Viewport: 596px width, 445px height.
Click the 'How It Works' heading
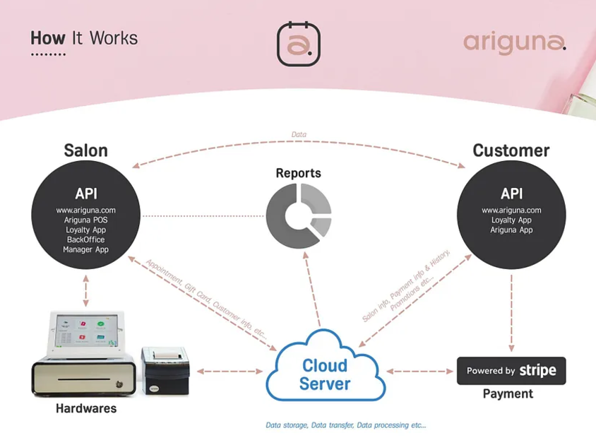[84, 38]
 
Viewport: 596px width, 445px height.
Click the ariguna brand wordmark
[514, 42]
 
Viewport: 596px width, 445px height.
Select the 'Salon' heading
[85, 150]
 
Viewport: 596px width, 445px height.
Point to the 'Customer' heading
[511, 150]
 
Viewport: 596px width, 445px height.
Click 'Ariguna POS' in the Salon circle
[85, 220]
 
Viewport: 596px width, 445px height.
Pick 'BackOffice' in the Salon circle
[85, 239]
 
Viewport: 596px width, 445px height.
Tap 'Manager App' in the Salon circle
[85, 249]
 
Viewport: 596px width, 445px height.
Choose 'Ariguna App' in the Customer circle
[511, 230]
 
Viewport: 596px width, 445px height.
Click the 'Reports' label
[298, 173]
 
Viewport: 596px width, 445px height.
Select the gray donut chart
[298, 215]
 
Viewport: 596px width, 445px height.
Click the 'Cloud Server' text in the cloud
[325, 375]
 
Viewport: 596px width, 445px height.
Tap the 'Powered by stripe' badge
[511, 371]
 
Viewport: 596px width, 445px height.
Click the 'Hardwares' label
[86, 408]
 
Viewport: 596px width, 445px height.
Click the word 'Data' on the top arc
[299, 134]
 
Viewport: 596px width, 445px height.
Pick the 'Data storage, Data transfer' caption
[345, 425]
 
